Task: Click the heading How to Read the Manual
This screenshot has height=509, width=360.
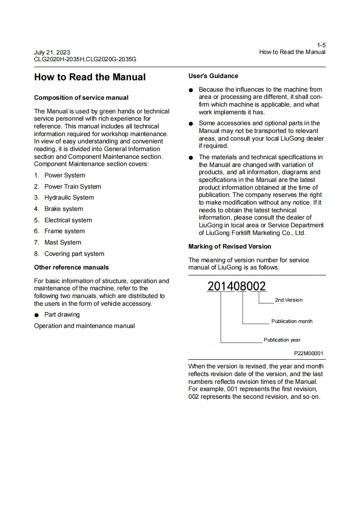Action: coord(90,77)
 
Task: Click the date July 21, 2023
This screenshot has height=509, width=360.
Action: coord(52,53)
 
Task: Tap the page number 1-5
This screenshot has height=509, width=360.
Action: coord(321,45)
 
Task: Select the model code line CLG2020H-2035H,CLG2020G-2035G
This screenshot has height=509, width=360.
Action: coord(85,59)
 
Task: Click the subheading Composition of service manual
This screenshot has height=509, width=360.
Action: coord(81,98)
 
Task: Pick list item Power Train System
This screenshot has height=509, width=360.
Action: coord(73,186)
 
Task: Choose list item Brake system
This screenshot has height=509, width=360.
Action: coord(64,209)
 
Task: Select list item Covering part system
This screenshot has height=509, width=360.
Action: coord(74,254)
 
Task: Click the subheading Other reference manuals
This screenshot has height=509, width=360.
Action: coord(71,267)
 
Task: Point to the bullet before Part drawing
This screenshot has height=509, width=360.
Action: coord(37,315)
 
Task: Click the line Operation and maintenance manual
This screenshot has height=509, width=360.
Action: coord(84,326)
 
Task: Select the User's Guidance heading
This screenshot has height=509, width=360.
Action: coord(213,76)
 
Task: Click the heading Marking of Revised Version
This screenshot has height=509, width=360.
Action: coord(230,246)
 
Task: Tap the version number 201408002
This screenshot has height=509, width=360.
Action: coord(237,286)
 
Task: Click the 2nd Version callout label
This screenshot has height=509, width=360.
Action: coord(288,300)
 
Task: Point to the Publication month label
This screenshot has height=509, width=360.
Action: coord(292,321)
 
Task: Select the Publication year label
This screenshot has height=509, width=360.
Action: coord(282,340)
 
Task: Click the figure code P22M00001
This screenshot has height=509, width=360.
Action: coord(309,353)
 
